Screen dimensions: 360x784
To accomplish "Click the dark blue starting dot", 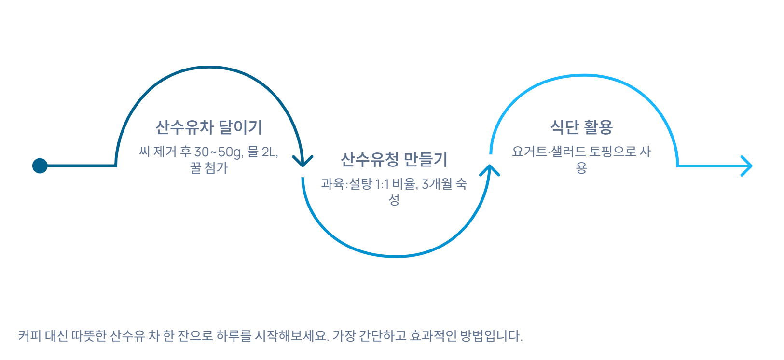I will (x=40, y=166).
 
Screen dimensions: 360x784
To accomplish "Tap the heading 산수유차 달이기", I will (x=208, y=127).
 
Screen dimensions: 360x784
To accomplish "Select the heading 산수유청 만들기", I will (x=394, y=159).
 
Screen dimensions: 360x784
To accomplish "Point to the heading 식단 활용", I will (x=581, y=127).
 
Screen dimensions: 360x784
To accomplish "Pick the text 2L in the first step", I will (x=269, y=152).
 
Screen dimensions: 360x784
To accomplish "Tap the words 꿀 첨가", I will (x=208, y=168).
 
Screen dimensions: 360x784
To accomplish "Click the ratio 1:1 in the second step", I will (x=382, y=184).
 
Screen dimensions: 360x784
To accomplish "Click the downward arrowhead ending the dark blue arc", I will (x=303, y=161).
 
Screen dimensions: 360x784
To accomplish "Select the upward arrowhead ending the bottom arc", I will (x=490, y=170).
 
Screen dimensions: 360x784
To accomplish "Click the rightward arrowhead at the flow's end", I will (x=747, y=166).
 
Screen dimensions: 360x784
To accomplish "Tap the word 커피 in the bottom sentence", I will (x=29, y=336).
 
